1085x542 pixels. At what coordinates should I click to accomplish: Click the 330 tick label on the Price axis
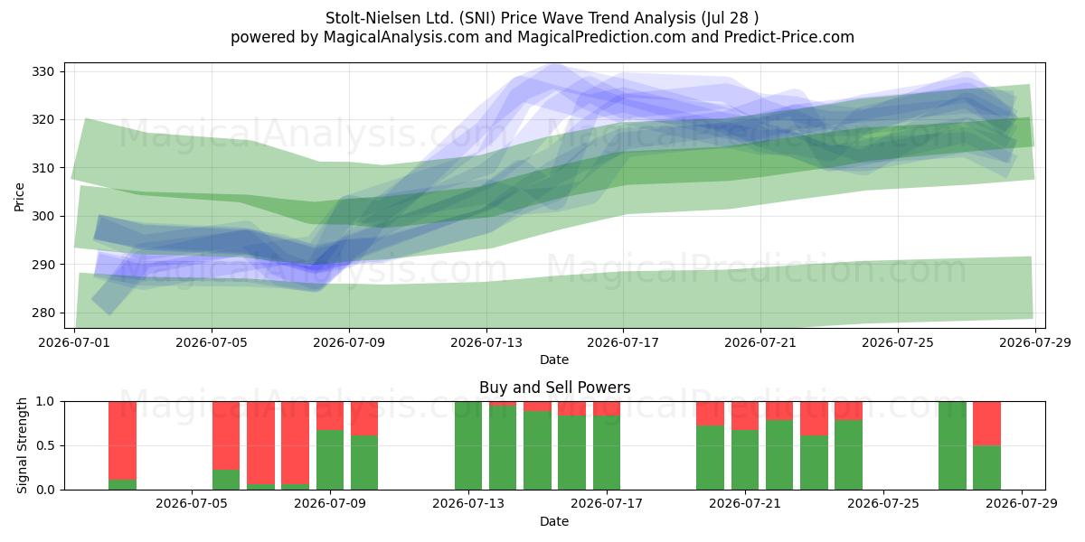tap(42, 72)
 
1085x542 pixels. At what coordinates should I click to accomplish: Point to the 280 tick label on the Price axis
tap(42, 313)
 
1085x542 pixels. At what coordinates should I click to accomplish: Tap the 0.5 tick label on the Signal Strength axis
tap(45, 445)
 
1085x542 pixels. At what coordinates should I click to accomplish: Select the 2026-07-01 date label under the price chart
tap(74, 342)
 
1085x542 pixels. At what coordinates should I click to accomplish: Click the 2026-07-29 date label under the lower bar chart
tap(1022, 503)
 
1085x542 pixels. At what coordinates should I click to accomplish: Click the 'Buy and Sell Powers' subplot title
tap(554, 388)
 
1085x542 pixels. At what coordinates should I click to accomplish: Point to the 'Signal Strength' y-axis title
tap(22, 445)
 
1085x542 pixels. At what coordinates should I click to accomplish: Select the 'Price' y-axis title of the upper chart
tap(19, 197)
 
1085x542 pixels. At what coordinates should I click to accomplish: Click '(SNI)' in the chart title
tap(477, 18)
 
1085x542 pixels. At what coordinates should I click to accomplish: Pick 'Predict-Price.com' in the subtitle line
tap(789, 37)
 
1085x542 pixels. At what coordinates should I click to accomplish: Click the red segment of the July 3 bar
tap(123, 441)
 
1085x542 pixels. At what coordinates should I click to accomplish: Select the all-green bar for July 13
tap(468, 445)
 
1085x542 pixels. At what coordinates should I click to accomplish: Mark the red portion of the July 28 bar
tap(986, 424)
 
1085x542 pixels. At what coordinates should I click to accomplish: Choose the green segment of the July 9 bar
tap(330, 460)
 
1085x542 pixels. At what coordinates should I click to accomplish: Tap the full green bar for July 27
tap(952, 445)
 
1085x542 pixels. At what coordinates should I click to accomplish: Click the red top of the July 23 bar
tap(814, 418)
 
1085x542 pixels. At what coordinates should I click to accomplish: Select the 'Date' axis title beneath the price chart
tap(554, 360)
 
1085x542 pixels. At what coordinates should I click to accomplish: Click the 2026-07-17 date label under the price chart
tap(623, 342)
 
